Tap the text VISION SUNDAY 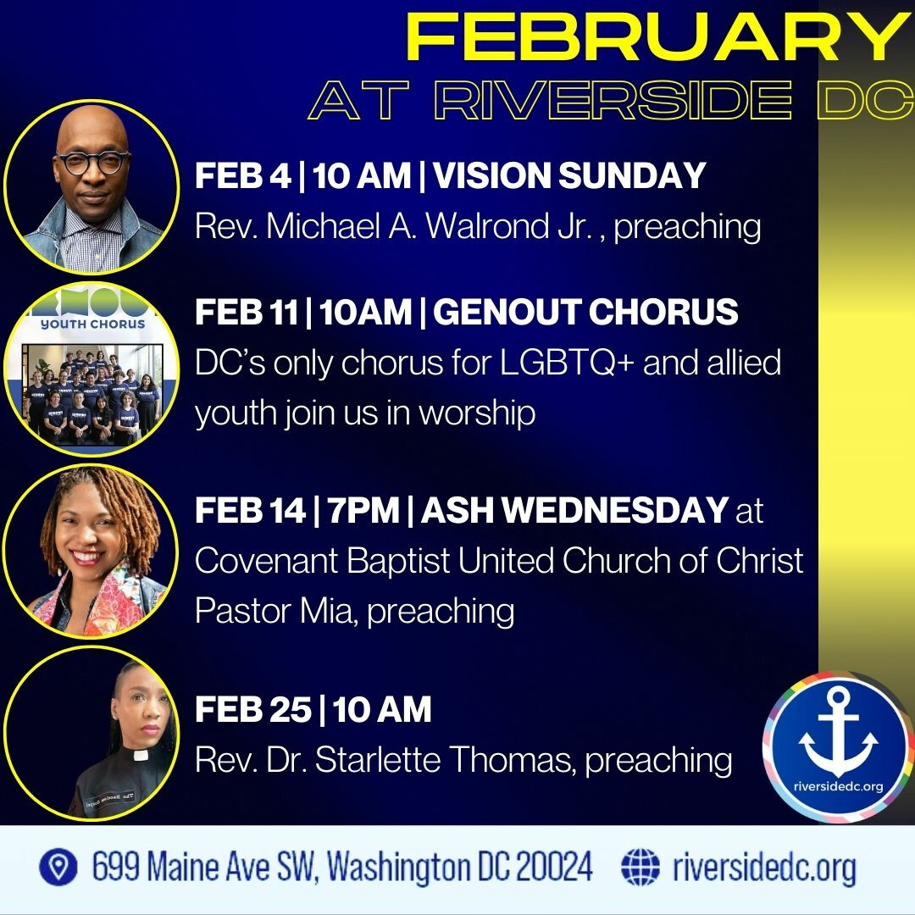click(569, 175)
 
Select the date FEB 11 click(247, 312)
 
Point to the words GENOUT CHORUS click(585, 312)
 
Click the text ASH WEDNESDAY click(574, 510)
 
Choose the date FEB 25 click(253, 710)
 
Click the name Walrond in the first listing click(488, 225)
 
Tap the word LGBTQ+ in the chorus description click(567, 363)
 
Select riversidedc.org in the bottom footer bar click(764, 868)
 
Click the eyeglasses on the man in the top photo click(93, 162)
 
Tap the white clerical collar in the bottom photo click(141, 756)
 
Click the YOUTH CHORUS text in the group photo click(93, 324)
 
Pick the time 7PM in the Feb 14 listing click(363, 510)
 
